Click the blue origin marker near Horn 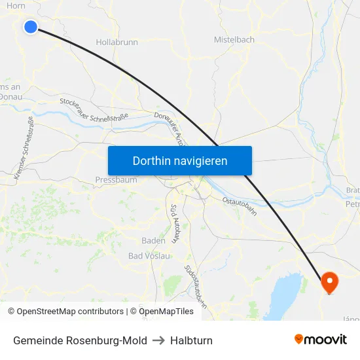pos(31,27)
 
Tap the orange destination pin pos(329,282)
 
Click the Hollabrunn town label pos(117,42)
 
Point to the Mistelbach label pos(234,40)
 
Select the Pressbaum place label pos(116,180)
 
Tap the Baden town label pos(153,240)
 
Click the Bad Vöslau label pos(149,256)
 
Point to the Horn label pos(16,5)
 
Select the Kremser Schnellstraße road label pos(24,148)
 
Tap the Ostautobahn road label pos(239,206)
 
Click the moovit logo pos(320,340)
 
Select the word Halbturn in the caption pos(191,340)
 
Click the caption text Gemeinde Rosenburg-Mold pos(80,340)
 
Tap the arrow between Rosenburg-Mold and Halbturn pos(158,340)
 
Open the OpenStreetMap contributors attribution pos(69,312)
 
